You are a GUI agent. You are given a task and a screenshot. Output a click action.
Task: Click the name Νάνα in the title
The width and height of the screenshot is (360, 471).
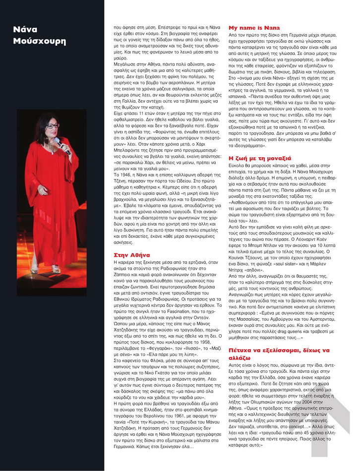tap(25, 30)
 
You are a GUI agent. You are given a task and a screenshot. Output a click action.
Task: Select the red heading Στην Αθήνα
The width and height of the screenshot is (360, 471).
tap(128, 254)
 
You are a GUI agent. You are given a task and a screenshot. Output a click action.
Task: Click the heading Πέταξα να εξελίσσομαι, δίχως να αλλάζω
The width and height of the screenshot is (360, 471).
tap(278, 353)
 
